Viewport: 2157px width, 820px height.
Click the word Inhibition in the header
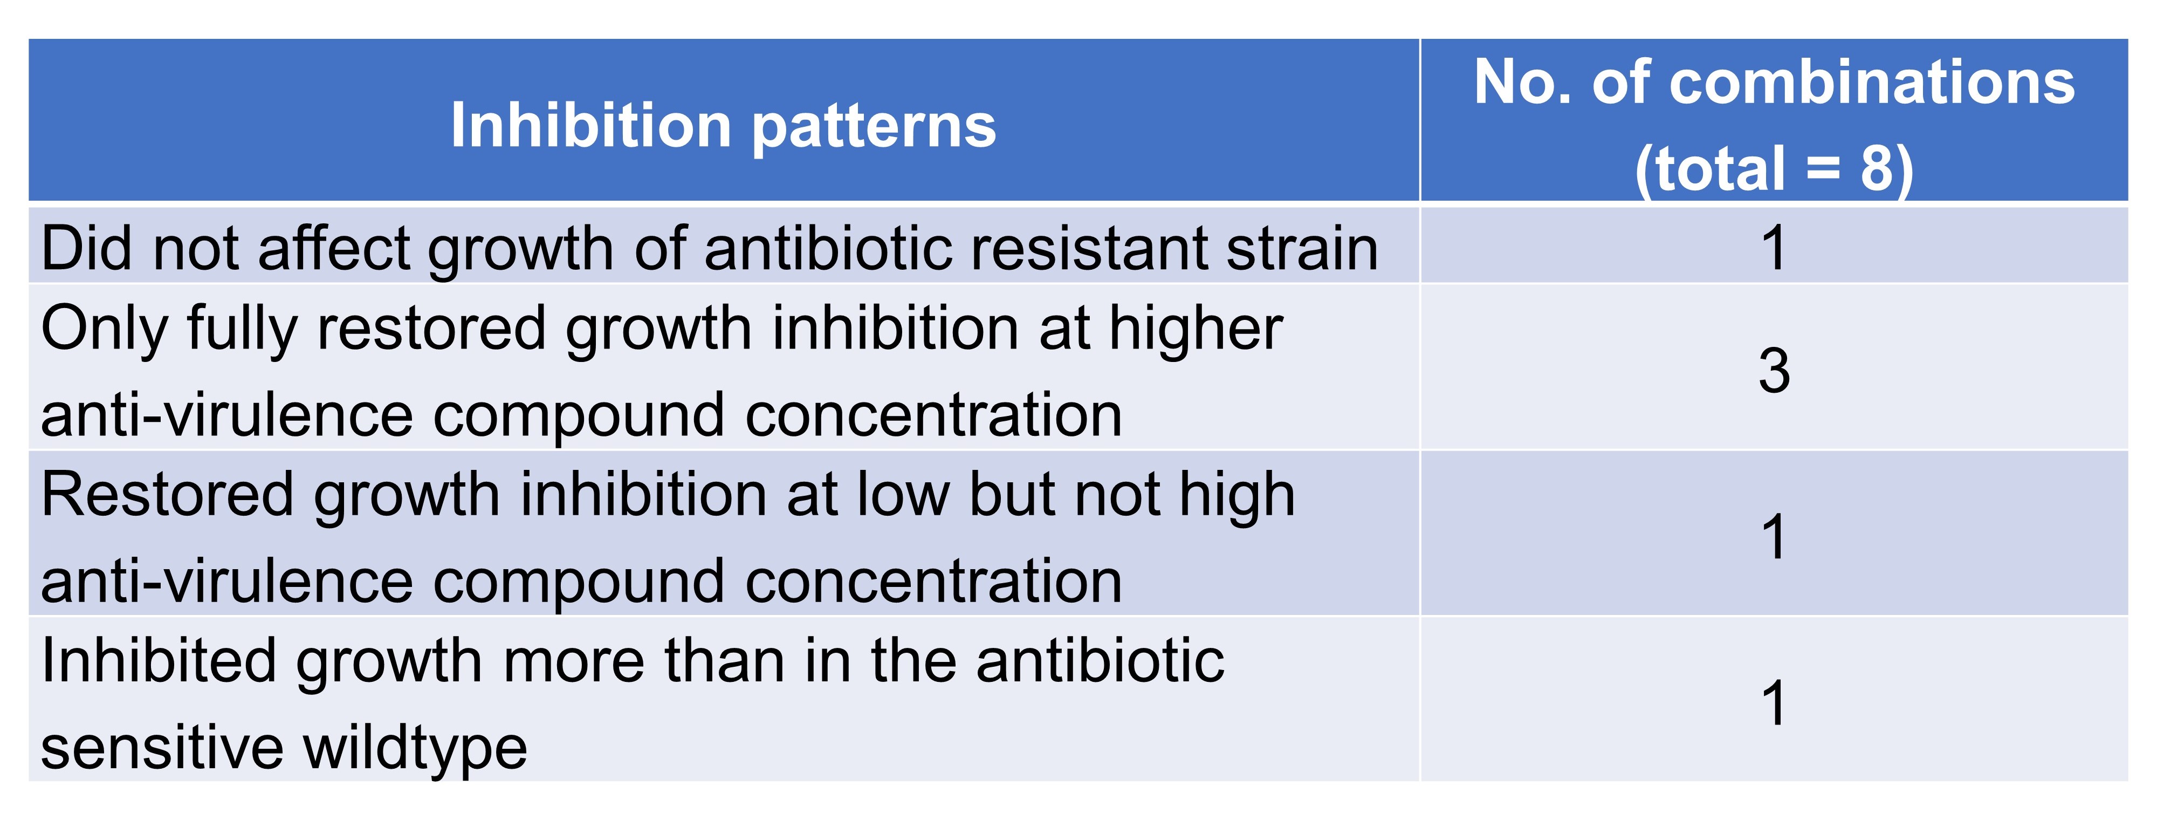(x=591, y=126)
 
